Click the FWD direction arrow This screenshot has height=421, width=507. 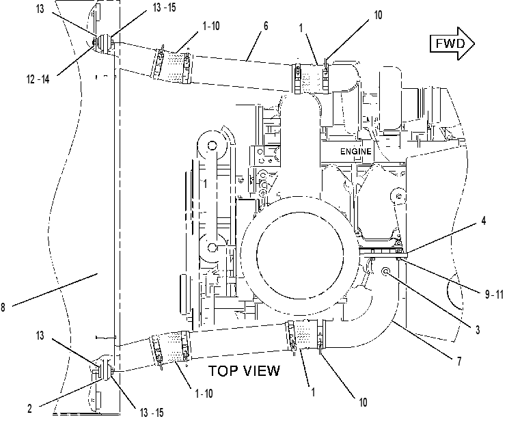pyautogui.click(x=452, y=43)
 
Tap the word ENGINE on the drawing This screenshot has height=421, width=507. pyautogui.click(x=356, y=151)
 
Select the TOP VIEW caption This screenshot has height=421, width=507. pyautogui.click(x=244, y=371)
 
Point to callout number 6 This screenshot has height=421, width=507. pyautogui.click(x=266, y=26)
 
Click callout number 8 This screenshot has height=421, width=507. pyautogui.click(x=3, y=307)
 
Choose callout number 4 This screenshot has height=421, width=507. pyautogui.click(x=483, y=221)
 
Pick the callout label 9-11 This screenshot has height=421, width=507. pyautogui.click(x=495, y=295)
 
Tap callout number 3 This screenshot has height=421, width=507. pyautogui.click(x=478, y=330)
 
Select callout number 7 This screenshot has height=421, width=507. pyautogui.click(x=458, y=361)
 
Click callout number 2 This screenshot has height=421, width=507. pyautogui.click(x=30, y=409)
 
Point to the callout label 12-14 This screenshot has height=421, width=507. pyautogui.click(x=38, y=79)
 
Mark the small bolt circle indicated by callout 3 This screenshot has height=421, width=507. pyautogui.click(x=386, y=271)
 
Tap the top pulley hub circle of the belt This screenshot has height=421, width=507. pyautogui.click(x=212, y=146)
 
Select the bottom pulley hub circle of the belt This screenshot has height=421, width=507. pyautogui.click(x=212, y=247)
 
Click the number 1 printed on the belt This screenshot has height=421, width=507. pyautogui.click(x=205, y=184)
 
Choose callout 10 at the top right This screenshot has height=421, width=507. pyautogui.click(x=378, y=15)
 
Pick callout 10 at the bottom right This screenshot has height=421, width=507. pyautogui.click(x=363, y=403)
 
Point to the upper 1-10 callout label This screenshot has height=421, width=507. pyautogui.click(x=211, y=26)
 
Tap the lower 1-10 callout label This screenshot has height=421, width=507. pyautogui.click(x=204, y=394)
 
